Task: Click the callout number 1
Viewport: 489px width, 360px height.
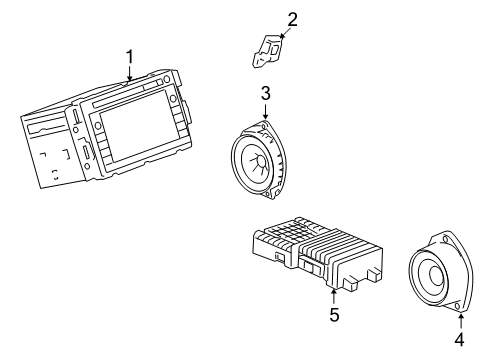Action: pos(130,57)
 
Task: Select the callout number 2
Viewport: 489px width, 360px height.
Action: pos(292,20)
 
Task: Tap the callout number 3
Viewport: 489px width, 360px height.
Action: pos(265,93)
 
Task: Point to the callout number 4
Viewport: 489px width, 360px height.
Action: pos(459,339)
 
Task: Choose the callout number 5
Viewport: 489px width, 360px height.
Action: pos(334,315)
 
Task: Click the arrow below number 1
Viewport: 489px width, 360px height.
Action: pos(130,74)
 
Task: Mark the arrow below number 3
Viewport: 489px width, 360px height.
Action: pos(265,111)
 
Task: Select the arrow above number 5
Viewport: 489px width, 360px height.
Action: pos(334,296)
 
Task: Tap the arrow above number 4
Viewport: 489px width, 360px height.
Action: pos(461,321)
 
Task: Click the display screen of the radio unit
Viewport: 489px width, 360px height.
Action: pos(136,126)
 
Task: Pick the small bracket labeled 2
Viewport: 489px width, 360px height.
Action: pos(267,51)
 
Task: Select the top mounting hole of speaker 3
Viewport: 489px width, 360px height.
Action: pos(264,127)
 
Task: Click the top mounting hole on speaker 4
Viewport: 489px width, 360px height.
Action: pos(445,240)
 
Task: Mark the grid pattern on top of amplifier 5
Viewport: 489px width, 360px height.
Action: pos(289,231)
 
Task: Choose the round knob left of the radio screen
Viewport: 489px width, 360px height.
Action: pos(98,126)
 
